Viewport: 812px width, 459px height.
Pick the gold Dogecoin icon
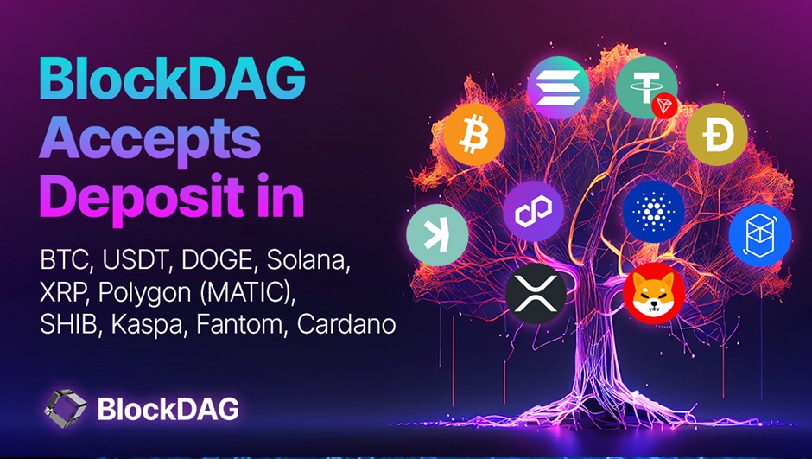pyautogui.click(x=716, y=135)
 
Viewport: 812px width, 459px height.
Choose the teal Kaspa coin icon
pyautogui.click(x=437, y=234)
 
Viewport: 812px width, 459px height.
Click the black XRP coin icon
pyautogui.click(x=535, y=289)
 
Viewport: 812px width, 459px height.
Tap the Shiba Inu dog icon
pyautogui.click(x=653, y=293)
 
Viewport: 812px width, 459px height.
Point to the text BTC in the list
pyautogui.click(x=63, y=260)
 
